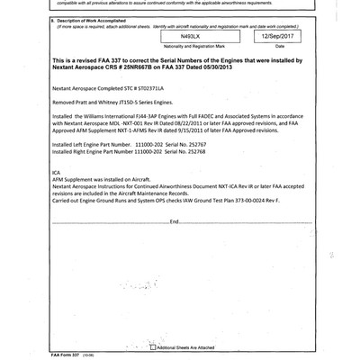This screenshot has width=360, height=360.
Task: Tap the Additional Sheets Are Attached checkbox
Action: coord(154,346)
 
